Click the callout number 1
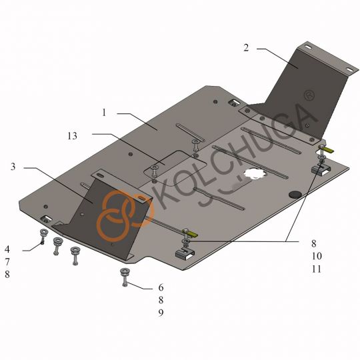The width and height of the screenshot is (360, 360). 104,113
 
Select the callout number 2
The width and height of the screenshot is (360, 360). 246,48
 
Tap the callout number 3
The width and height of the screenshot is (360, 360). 13,167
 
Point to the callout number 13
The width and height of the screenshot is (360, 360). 72,136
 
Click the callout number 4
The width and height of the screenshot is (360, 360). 7,249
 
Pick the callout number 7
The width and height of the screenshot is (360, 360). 7,262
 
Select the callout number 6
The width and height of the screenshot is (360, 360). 161,287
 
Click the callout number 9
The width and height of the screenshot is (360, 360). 161,313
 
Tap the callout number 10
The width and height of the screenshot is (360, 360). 317,256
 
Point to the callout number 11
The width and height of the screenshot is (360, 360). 317,269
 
